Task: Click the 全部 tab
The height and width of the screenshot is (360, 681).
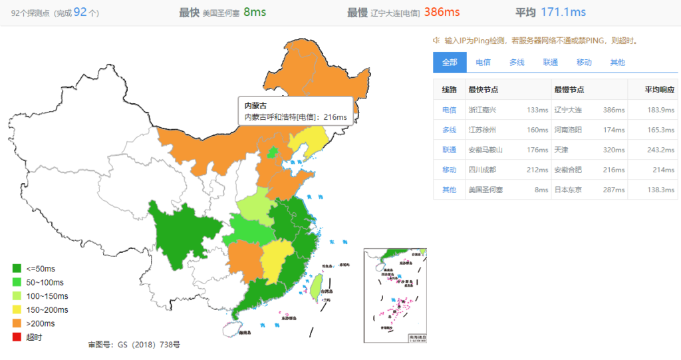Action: pos(450,62)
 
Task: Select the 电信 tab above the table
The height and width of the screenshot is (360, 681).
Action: pos(483,62)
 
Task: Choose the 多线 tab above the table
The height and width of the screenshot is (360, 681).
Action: pos(517,62)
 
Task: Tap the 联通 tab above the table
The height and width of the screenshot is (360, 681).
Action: pos(550,62)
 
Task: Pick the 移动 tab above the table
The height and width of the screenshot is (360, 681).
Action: pos(584,62)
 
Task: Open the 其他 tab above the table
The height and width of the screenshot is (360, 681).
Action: pos(617,62)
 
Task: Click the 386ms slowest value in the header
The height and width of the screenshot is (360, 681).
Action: pos(442,12)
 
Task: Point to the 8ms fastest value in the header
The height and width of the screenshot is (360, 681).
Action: pos(256,12)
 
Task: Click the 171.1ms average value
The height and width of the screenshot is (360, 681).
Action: pos(563,12)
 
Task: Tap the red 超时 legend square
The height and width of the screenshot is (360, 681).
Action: pos(17,337)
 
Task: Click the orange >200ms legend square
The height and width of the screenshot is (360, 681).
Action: pos(17,323)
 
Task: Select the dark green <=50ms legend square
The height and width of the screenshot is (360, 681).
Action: pos(17,268)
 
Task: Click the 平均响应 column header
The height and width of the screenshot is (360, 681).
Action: pos(660,90)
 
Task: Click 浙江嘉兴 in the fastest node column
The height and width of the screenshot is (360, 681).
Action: pos(482,110)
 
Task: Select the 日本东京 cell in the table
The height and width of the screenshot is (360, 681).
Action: pos(568,190)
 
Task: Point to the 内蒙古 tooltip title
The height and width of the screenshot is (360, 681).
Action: pos(256,106)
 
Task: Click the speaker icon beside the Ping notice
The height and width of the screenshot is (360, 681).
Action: pos(436,41)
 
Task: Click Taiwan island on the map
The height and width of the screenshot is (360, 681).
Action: pos(317,287)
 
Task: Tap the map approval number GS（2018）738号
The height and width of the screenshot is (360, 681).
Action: pos(134,345)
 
